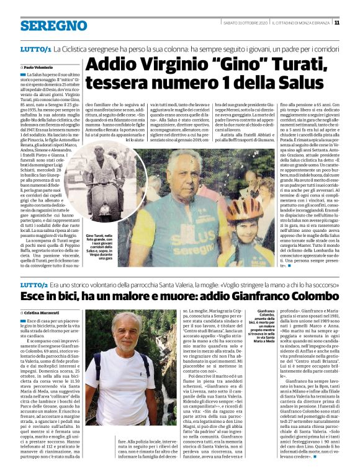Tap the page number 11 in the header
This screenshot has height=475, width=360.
(x=354, y=22)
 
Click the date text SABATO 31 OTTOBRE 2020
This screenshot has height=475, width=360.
(x=245, y=22)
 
